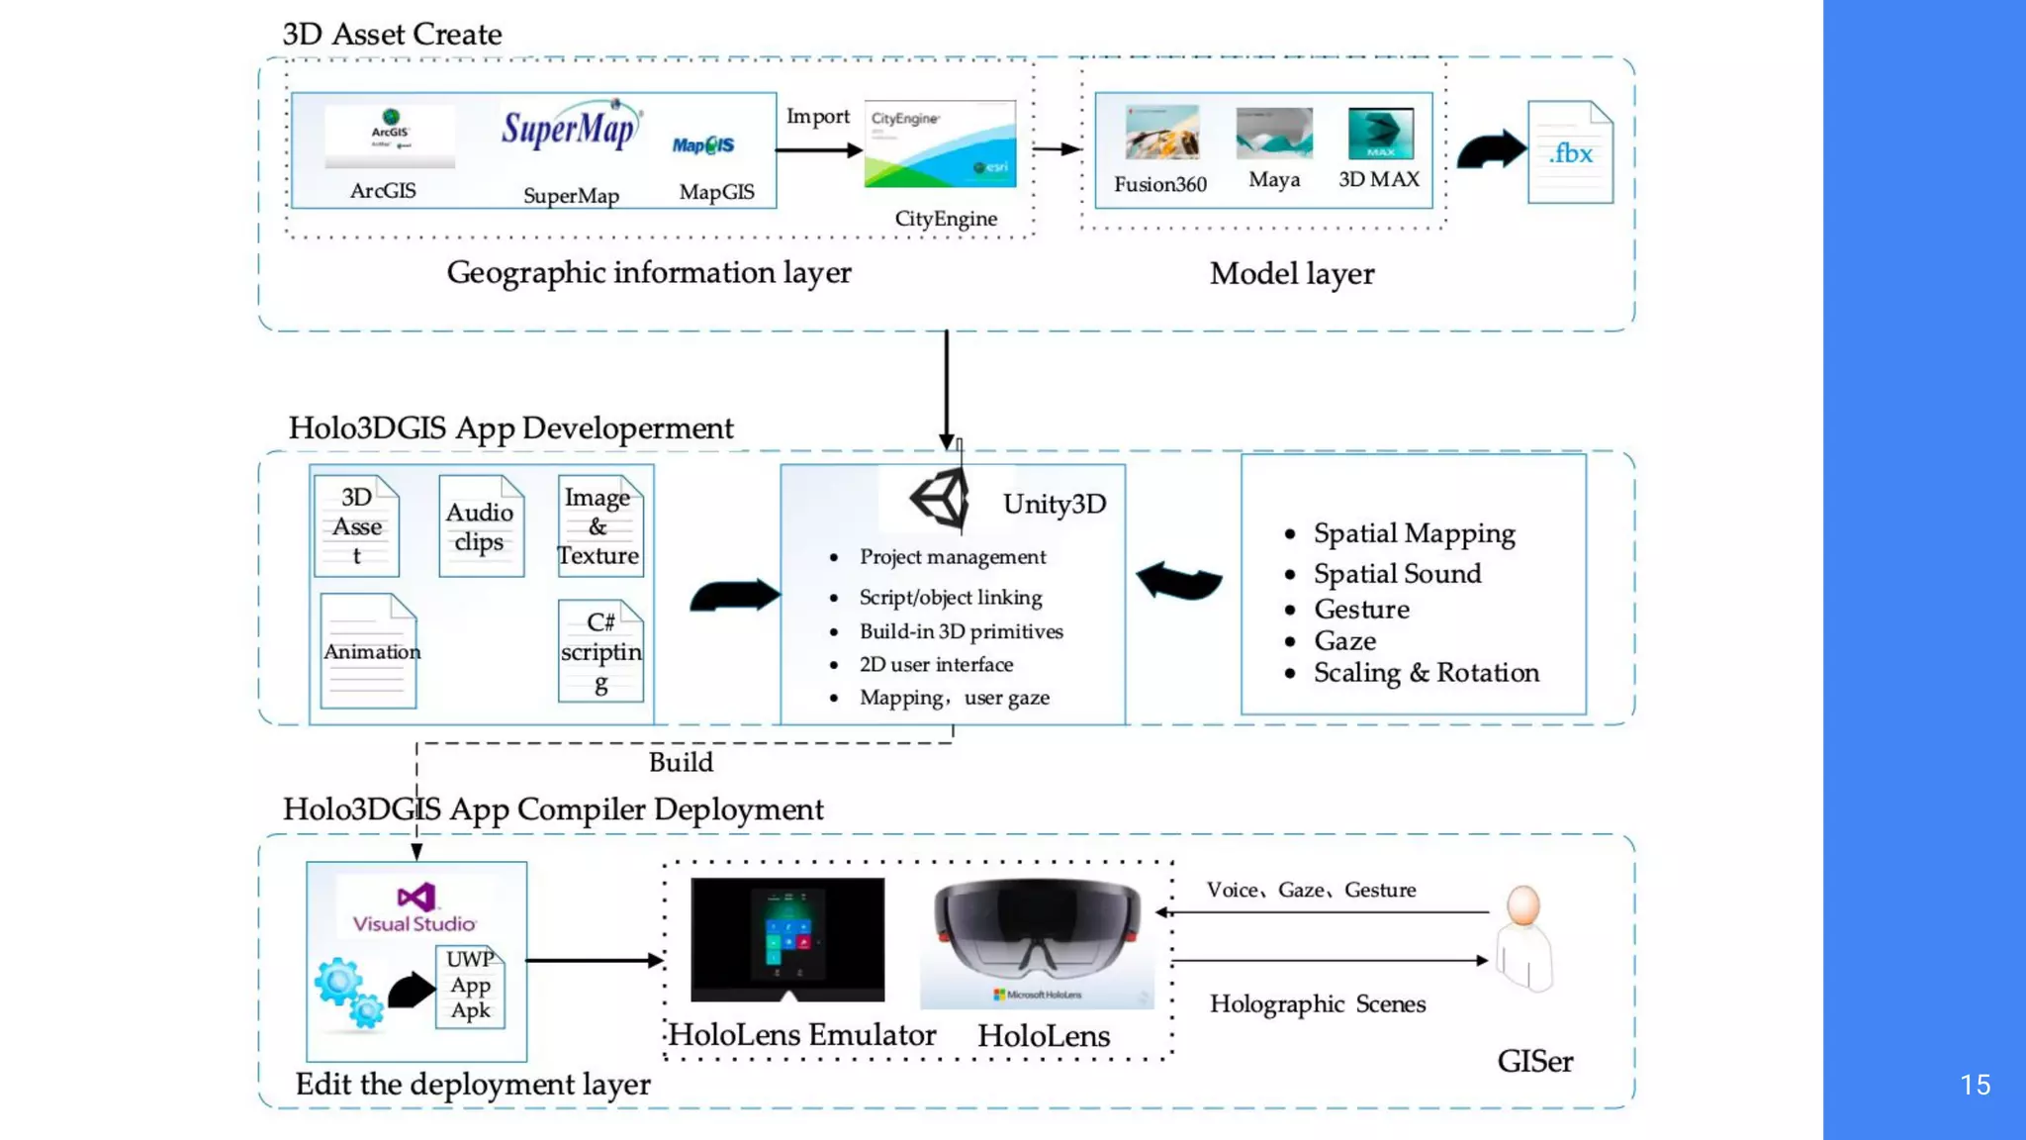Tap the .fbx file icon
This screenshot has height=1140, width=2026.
tap(1570, 152)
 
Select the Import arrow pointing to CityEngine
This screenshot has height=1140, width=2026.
tap(818, 149)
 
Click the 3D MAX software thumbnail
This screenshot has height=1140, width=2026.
tap(1380, 134)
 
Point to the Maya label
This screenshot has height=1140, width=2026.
tap(1273, 180)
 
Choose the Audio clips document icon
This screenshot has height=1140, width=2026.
tap(481, 526)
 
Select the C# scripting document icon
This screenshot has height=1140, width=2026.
tap(600, 651)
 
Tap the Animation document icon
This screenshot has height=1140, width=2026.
tap(369, 651)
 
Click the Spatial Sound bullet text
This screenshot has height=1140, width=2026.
tap(1396, 574)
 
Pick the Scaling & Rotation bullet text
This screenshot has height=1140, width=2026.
tap(1426, 673)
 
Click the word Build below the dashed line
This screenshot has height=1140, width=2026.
tap(681, 762)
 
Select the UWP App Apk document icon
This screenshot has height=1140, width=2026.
tap(470, 986)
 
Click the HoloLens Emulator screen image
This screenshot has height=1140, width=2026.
tap(787, 939)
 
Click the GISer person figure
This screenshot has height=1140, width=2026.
tap(1523, 937)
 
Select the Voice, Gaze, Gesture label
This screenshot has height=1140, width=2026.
tap(1310, 890)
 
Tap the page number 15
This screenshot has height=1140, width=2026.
tap(1975, 1085)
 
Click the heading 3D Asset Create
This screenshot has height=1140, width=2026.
tap(392, 35)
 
